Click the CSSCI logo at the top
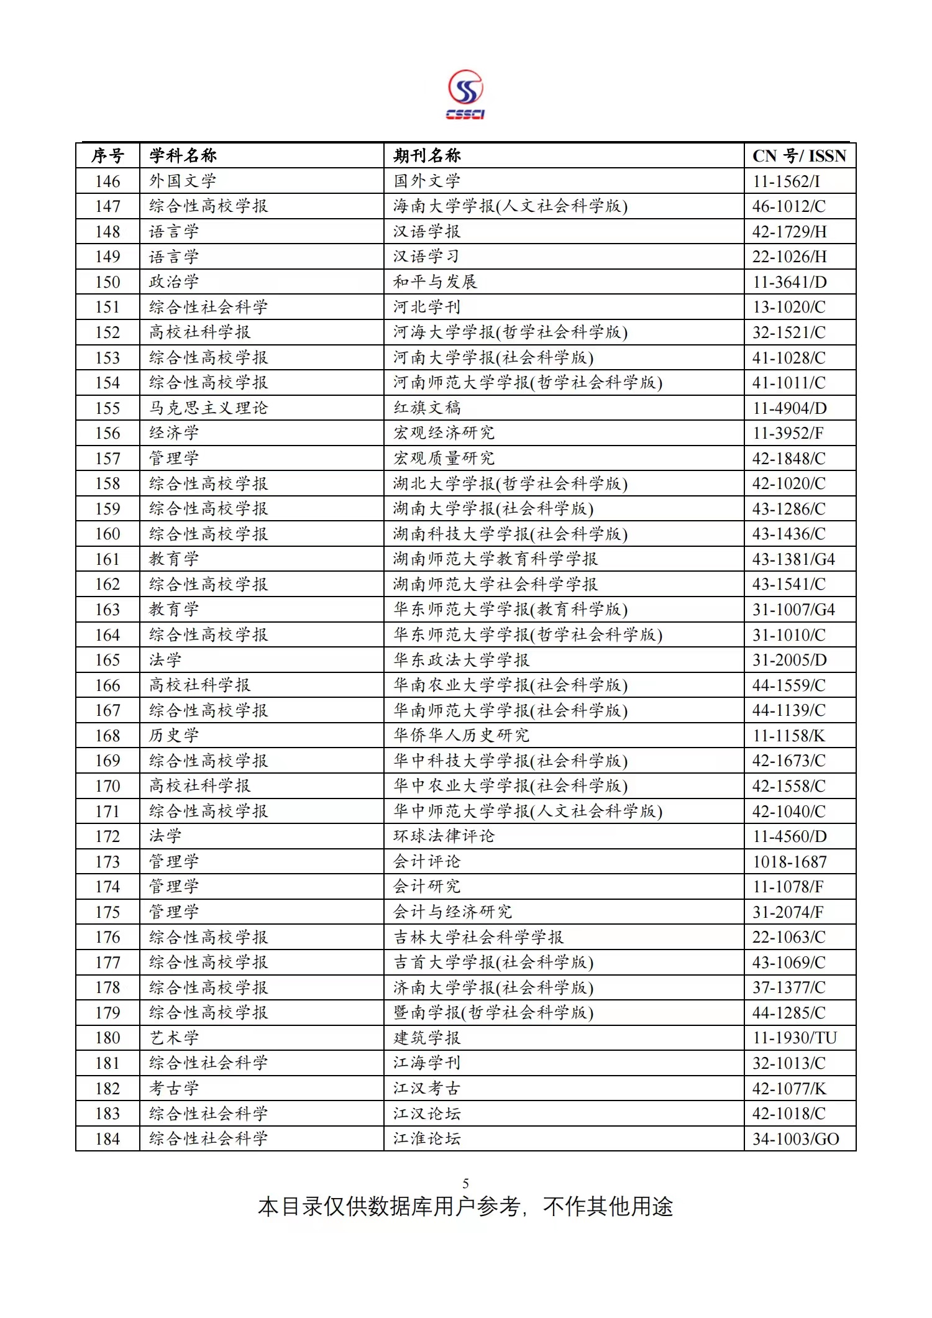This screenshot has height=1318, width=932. (x=465, y=94)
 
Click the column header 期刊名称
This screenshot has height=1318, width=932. (x=427, y=155)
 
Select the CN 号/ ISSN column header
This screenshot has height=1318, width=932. (x=799, y=155)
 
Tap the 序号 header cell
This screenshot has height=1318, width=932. (x=107, y=155)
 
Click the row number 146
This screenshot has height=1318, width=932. (x=107, y=181)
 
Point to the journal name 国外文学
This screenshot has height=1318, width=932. (x=427, y=181)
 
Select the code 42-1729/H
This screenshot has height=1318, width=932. (x=789, y=232)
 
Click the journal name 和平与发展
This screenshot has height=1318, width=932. (x=435, y=282)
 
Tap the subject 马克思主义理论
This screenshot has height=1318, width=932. (x=208, y=408)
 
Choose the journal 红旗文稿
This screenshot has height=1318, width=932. (x=427, y=408)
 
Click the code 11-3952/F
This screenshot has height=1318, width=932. (x=788, y=433)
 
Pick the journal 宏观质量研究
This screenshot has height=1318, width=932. (x=444, y=459)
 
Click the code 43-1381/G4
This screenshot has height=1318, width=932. (x=793, y=559)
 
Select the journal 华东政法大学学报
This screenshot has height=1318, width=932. (x=461, y=660)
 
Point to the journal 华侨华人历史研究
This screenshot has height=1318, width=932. (x=461, y=736)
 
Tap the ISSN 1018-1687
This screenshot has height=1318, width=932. (x=789, y=862)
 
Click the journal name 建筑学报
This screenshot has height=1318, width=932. (x=427, y=1038)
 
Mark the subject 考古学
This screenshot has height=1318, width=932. (x=174, y=1088)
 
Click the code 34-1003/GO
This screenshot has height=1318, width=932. (x=795, y=1139)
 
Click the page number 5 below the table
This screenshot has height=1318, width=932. (x=465, y=1183)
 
